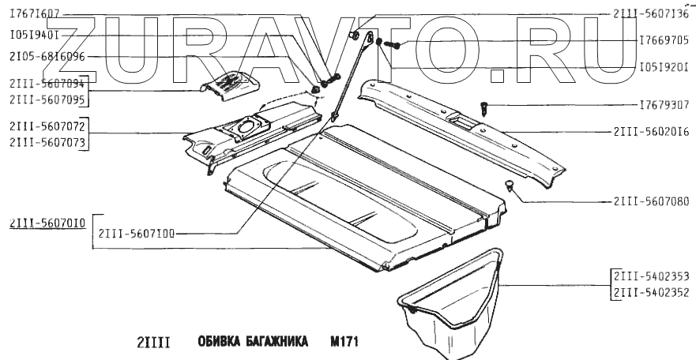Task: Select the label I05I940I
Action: (33, 36)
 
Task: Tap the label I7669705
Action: (666, 39)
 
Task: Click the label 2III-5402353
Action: (649, 276)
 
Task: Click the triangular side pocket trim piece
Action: (454, 296)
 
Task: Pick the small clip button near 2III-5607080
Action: (510, 185)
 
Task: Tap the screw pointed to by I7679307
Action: (485, 106)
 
